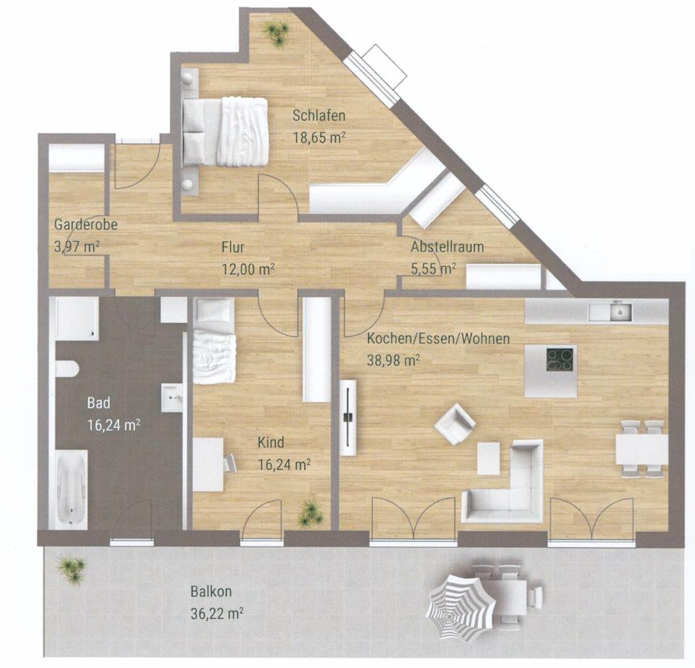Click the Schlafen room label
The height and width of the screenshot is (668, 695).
click(319, 116)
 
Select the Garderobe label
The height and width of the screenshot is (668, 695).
click(85, 224)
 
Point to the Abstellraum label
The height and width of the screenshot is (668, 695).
click(447, 247)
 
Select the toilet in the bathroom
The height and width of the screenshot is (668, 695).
click(67, 368)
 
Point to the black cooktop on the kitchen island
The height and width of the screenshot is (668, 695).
click(560, 359)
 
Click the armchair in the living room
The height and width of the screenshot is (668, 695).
click(455, 424)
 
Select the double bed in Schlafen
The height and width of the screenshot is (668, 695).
click(225, 132)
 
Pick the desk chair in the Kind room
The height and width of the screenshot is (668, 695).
click(229, 463)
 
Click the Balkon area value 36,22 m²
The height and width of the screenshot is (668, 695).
click(216, 614)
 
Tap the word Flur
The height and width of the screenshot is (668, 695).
click(233, 247)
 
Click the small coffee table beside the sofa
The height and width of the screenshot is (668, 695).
click(488, 459)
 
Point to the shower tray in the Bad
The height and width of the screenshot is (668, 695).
click(77, 318)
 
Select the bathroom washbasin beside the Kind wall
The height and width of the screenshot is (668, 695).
click(172, 397)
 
